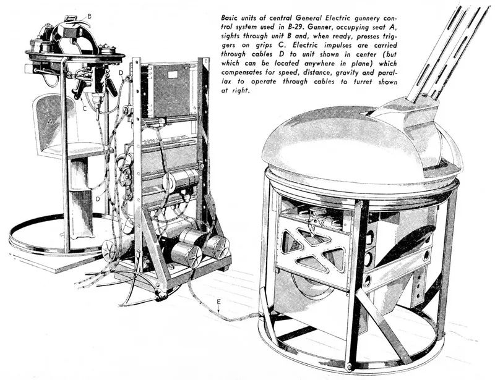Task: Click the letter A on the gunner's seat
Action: [49, 121]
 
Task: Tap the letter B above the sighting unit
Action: [89, 16]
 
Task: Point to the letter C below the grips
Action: [85, 108]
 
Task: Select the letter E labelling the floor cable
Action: [219, 302]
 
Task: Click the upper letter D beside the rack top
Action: [121, 73]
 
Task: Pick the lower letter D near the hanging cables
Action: [98, 199]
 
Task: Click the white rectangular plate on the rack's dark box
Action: [173, 75]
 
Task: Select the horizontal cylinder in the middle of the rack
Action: [181, 179]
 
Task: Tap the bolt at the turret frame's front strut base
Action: [349, 366]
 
